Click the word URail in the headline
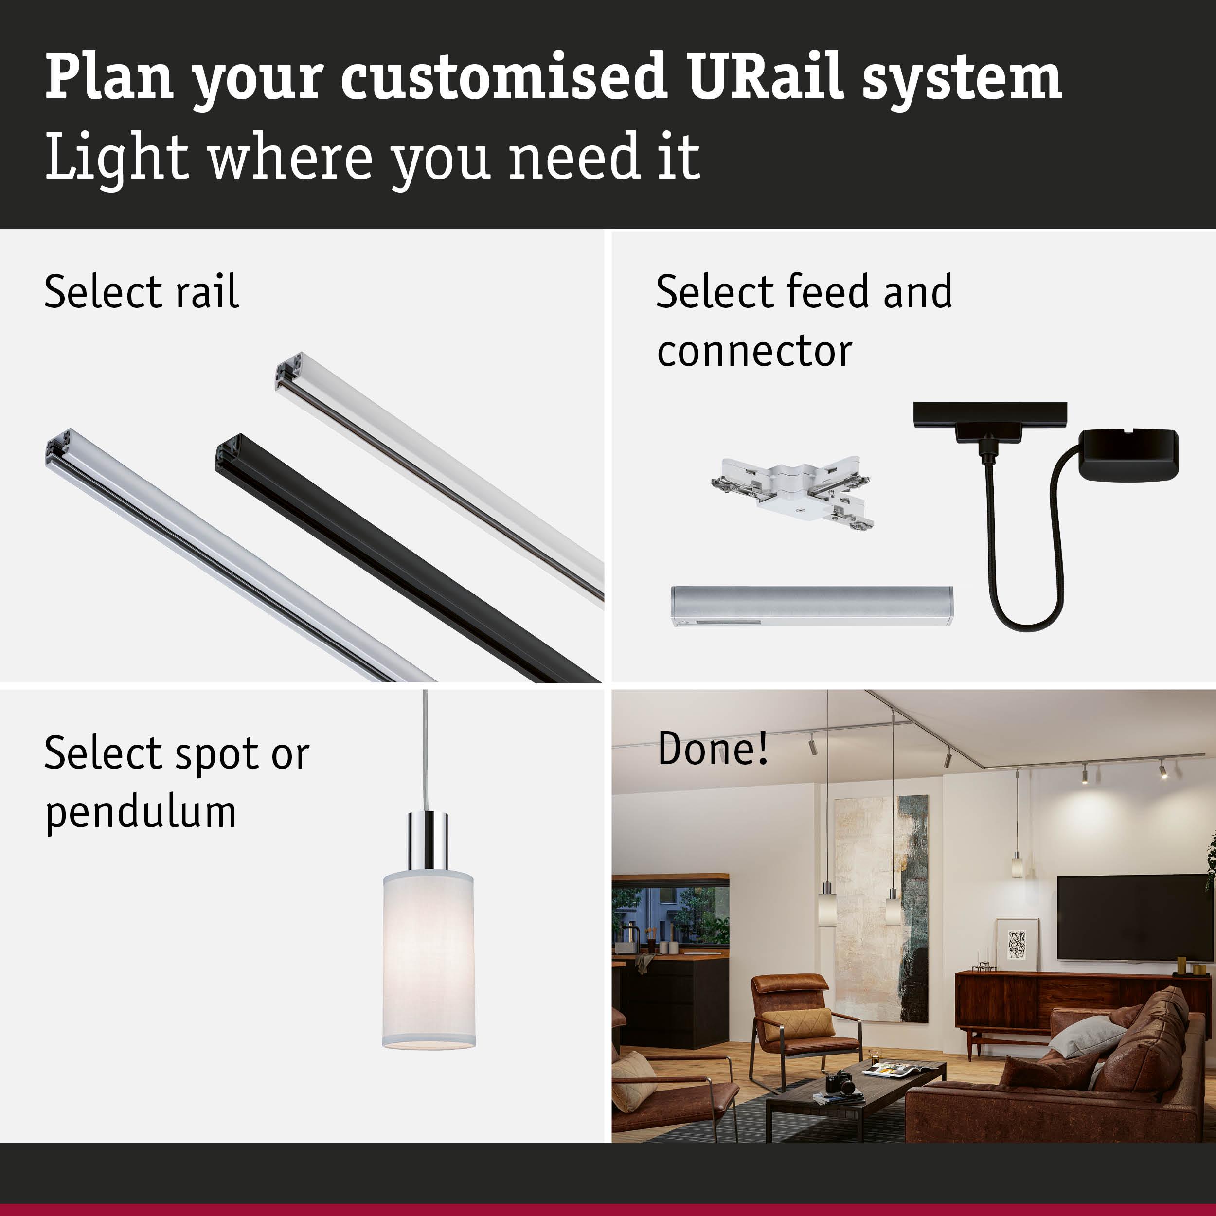(x=764, y=77)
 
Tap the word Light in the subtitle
(x=116, y=157)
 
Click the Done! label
(x=713, y=749)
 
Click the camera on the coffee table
(x=840, y=1083)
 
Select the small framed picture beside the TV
(x=1017, y=945)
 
